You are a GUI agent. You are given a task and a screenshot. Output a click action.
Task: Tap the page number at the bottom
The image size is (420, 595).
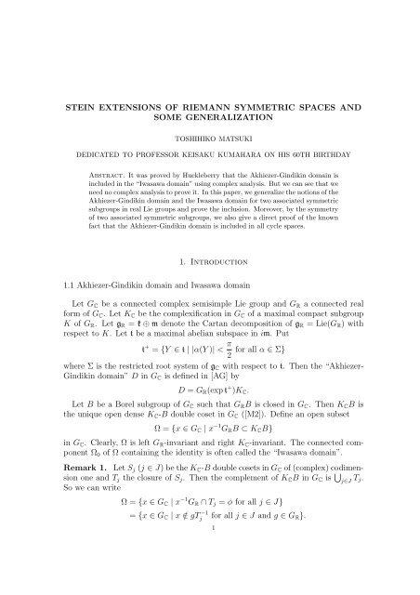210,588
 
